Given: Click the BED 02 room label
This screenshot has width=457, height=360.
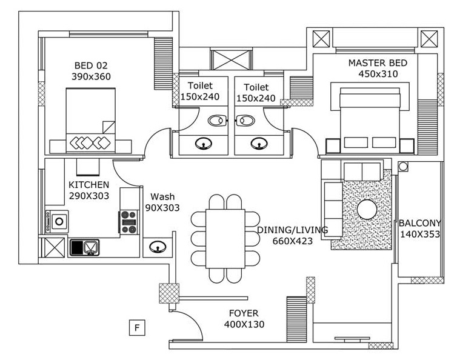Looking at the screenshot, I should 92,65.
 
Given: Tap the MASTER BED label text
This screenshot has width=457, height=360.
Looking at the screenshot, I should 378,63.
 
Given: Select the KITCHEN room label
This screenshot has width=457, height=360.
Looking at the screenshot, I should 88,185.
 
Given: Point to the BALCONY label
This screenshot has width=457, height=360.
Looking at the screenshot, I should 419,223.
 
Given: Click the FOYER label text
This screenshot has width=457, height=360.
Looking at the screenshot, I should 244,313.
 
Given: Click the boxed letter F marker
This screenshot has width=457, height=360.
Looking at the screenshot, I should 138,328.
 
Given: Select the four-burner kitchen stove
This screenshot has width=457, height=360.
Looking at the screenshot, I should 129,221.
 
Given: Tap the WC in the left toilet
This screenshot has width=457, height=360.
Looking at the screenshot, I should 216,121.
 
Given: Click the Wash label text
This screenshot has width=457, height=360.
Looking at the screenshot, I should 162,196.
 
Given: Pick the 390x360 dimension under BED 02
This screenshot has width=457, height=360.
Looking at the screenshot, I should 92,76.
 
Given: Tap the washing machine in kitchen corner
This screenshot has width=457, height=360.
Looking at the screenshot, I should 58,221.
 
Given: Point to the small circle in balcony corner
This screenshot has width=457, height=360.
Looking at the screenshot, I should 403,166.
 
